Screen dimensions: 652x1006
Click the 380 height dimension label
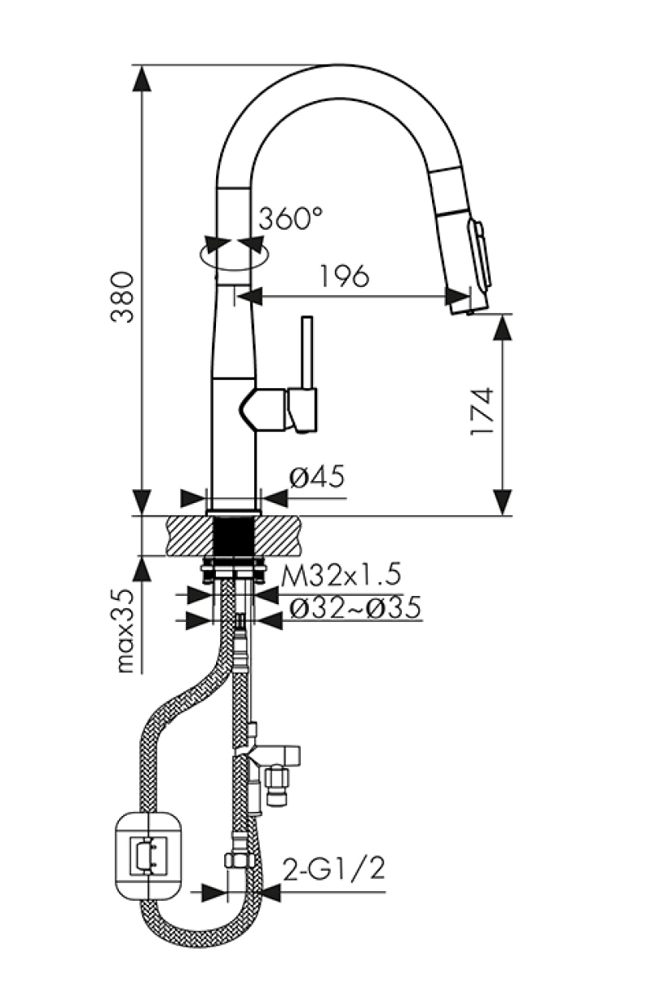122,297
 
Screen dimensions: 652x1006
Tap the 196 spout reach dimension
345,276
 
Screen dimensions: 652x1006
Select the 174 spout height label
482,411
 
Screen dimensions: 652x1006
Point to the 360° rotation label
290,218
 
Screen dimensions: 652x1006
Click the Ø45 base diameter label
317,476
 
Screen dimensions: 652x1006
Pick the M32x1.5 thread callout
341,575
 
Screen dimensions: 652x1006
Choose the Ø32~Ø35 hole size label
355,607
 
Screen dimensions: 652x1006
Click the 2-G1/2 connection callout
334,870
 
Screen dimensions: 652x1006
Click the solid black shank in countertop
233,536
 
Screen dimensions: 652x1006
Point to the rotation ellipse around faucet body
234,254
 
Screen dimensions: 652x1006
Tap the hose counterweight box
148,849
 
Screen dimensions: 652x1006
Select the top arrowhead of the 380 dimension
142,78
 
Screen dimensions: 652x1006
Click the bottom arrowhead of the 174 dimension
503,503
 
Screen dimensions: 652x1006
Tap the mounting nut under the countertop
233,571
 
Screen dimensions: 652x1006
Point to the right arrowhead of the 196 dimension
459,296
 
